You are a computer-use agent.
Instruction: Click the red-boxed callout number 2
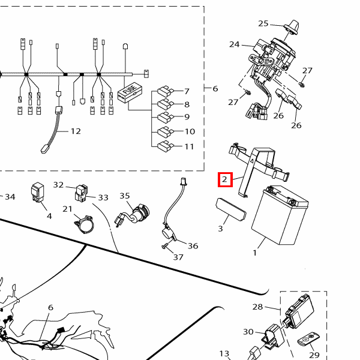click(x=224, y=179)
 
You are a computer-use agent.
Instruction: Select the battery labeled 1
click(x=280, y=215)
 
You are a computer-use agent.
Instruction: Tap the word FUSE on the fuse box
click(x=130, y=89)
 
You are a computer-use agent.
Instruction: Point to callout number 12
click(x=76, y=131)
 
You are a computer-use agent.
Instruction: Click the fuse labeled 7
click(x=166, y=91)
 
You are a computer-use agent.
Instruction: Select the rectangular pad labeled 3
click(x=231, y=209)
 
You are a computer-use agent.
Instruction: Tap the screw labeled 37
click(x=165, y=247)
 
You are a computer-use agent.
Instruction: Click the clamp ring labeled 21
click(x=84, y=224)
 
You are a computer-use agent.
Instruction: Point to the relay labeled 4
click(x=37, y=193)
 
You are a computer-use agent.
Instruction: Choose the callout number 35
click(x=125, y=196)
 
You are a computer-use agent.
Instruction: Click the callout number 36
click(x=193, y=245)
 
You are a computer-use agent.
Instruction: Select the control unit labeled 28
click(x=299, y=311)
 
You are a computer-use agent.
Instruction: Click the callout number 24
click(x=234, y=44)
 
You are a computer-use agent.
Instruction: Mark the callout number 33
click(x=103, y=197)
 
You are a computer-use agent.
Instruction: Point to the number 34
click(x=10, y=197)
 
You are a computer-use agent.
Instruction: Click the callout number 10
click(x=190, y=131)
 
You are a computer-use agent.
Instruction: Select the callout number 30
click(x=248, y=332)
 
